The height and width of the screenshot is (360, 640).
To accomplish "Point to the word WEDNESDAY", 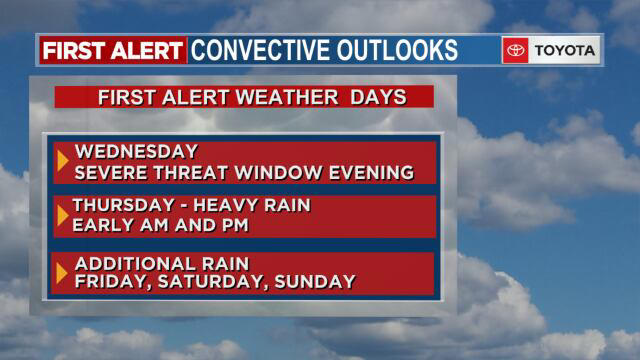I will pyautogui.click(x=136, y=153).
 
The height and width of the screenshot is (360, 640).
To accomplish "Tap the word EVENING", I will pyautogui.click(x=375, y=173).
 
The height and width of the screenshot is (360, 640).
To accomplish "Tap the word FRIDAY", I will pyautogui.click(x=111, y=282).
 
